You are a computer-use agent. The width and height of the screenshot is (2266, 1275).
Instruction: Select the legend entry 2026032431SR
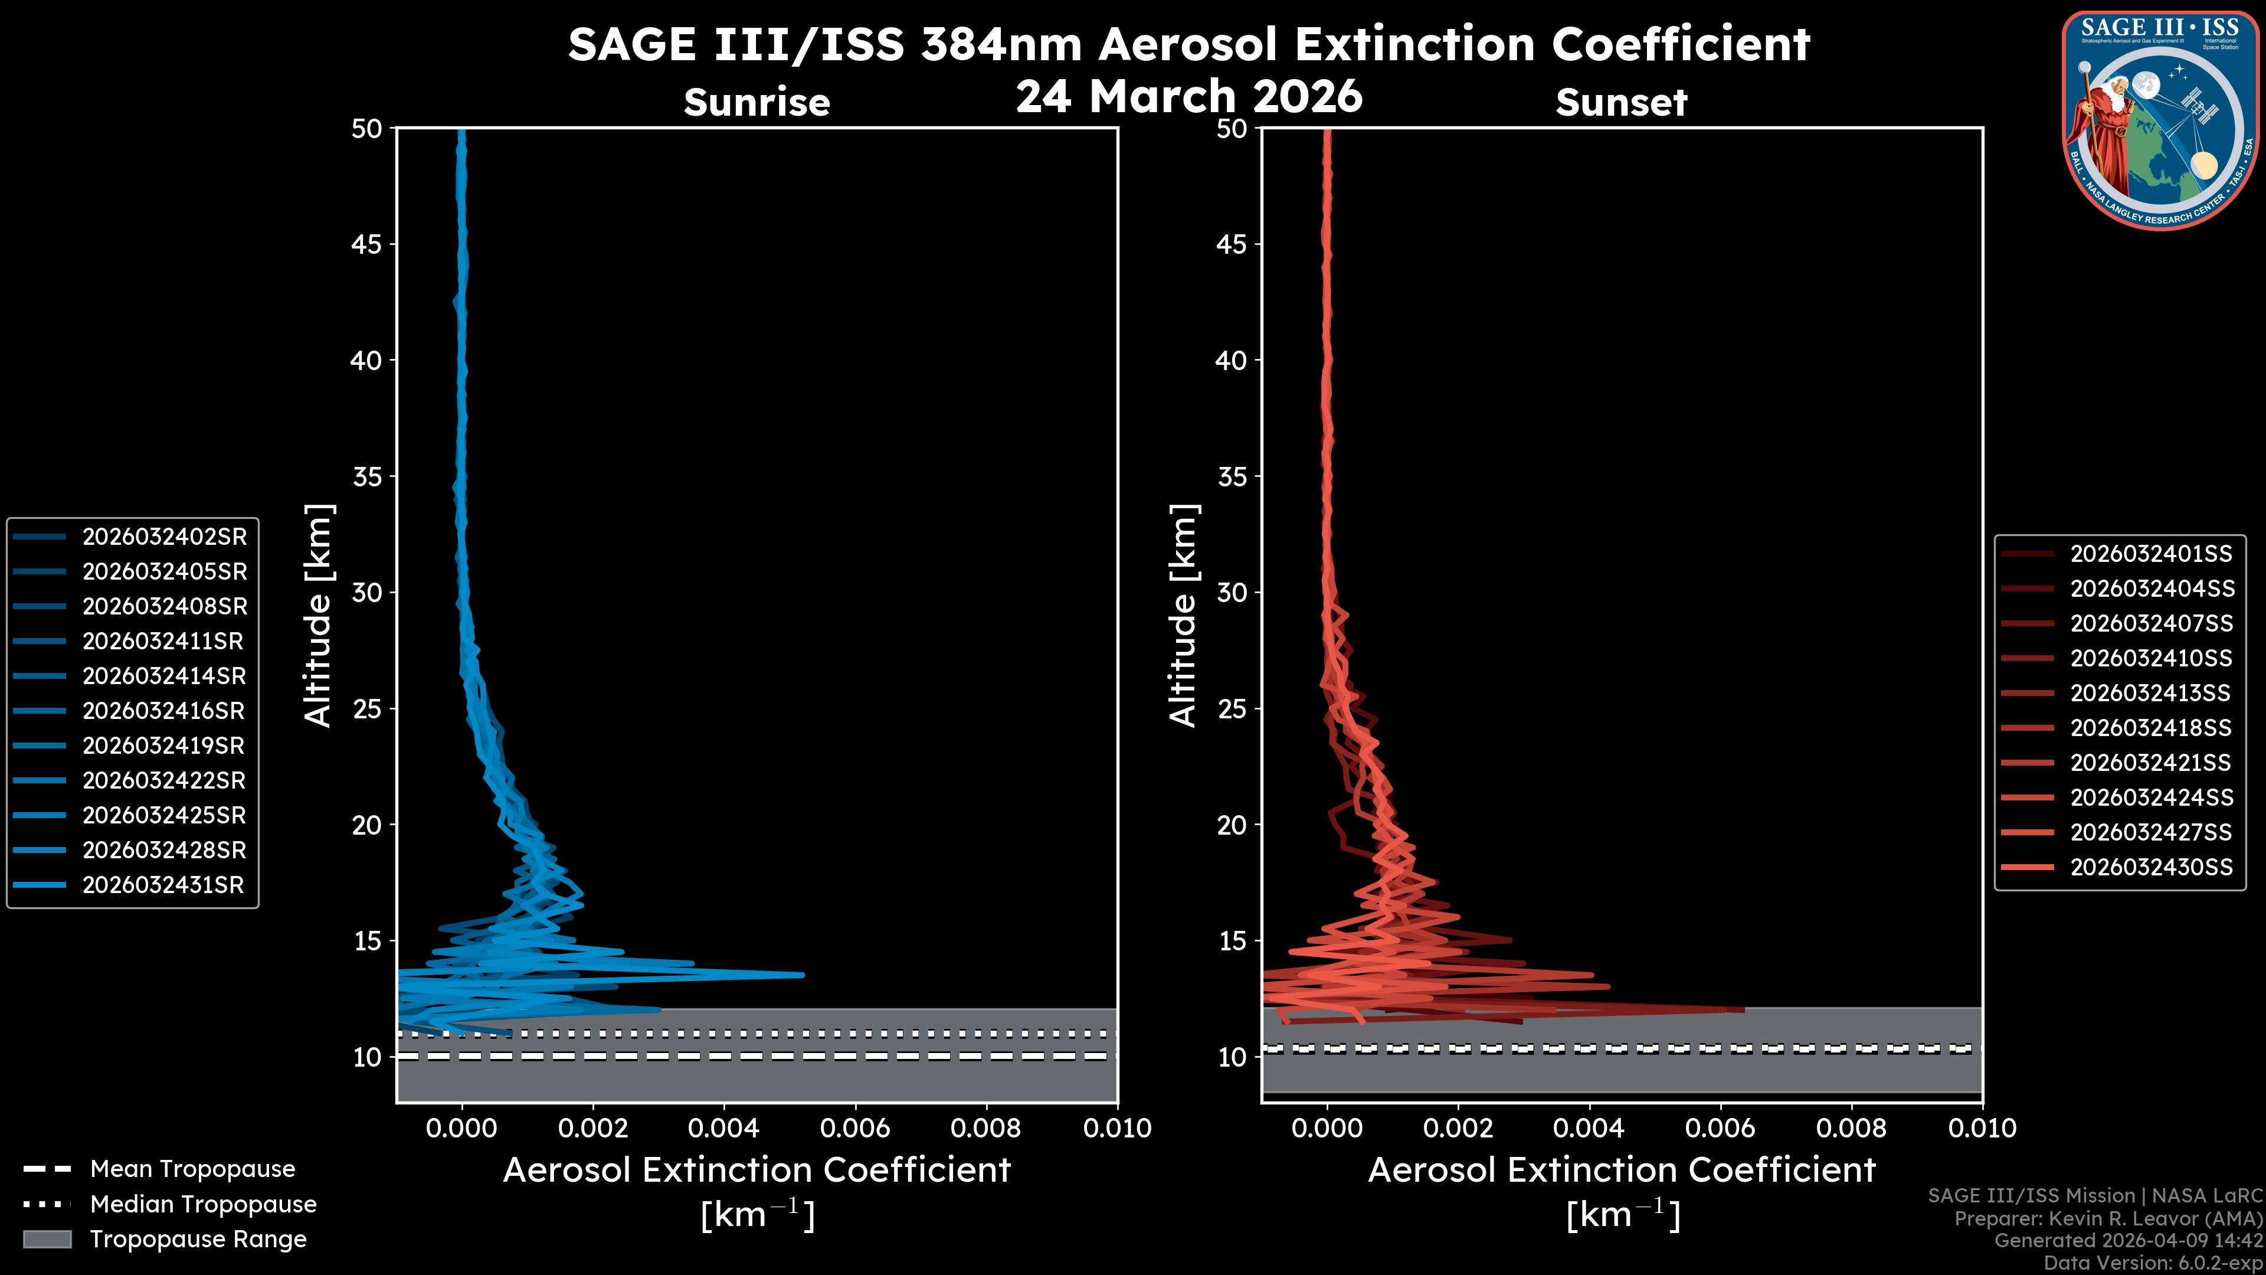click(163, 885)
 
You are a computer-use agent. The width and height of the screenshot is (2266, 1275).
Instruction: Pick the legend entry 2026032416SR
click(163, 711)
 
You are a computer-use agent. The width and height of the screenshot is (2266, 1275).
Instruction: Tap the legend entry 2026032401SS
click(2151, 554)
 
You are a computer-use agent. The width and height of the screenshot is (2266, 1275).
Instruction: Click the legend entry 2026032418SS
click(2151, 728)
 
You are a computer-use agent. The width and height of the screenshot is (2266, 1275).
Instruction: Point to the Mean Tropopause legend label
click(192, 1169)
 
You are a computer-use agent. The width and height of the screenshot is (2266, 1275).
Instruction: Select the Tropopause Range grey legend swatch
click(47, 1239)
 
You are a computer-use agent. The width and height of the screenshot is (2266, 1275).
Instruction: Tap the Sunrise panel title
click(757, 102)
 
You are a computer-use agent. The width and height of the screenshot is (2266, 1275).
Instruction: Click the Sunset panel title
click(1621, 102)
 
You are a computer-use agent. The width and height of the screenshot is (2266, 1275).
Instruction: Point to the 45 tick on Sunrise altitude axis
click(367, 244)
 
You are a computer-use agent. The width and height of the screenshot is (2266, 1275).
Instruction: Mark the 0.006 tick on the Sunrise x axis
click(856, 1128)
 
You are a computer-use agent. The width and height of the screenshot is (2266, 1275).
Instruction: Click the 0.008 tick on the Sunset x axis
click(1852, 1128)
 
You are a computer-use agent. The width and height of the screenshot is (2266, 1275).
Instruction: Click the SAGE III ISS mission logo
click(2160, 120)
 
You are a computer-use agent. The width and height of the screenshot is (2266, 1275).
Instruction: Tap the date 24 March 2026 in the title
click(1188, 95)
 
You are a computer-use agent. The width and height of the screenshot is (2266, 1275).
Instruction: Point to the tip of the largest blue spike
click(803, 974)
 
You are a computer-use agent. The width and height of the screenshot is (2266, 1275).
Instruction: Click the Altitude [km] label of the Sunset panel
click(1183, 616)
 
